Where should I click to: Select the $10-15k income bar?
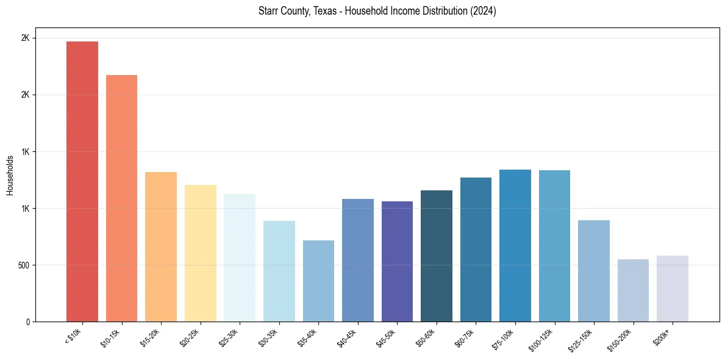[x=121, y=198]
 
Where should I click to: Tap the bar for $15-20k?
[x=161, y=247]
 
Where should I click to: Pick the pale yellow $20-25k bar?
[x=201, y=253]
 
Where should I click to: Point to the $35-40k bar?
[x=318, y=281]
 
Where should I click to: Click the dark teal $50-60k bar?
[x=437, y=256]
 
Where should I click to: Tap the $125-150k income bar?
[x=594, y=271]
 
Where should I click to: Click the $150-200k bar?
[x=633, y=290]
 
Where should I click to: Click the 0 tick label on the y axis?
[x=27, y=322]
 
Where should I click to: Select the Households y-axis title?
[x=10, y=175]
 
